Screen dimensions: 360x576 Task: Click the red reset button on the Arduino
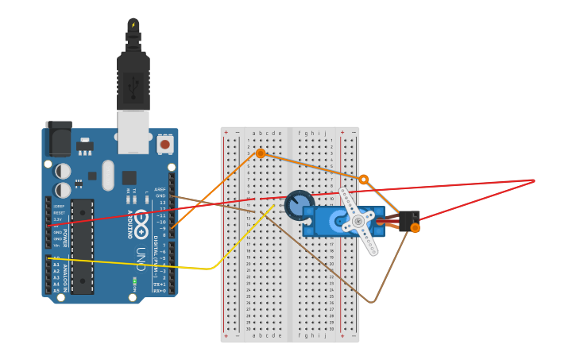(164, 145)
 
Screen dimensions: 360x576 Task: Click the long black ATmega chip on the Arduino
(82, 246)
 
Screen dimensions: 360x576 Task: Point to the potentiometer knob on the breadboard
(299, 204)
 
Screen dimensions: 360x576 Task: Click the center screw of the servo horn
(358, 220)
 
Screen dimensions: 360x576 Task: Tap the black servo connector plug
(409, 219)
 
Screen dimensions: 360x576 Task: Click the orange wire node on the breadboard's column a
(260, 153)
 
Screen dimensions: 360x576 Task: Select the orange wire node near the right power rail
(363, 180)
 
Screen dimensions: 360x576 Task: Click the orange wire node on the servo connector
(415, 228)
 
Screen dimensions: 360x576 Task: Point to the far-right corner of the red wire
(534, 180)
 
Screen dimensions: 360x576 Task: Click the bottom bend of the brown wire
(372, 302)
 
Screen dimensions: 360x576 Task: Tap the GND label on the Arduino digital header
(160, 195)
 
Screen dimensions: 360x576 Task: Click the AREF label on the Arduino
(160, 190)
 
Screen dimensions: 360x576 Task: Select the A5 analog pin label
(56, 291)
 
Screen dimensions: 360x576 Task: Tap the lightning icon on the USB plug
(133, 25)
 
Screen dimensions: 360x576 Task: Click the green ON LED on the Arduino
(134, 281)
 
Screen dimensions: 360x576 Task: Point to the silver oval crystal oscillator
(108, 175)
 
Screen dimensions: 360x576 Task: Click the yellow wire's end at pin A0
(48, 257)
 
